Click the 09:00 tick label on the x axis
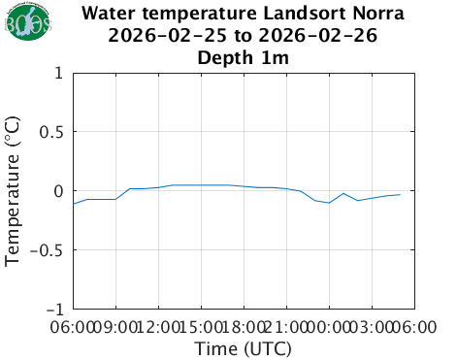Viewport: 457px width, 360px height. pos(115,327)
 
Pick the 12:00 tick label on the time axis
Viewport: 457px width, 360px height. pos(158,327)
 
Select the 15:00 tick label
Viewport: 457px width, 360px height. pos(201,327)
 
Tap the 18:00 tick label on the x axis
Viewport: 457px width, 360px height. pos(244,327)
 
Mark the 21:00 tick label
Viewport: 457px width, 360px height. pos(286,327)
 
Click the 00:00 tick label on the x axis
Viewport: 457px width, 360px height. pos(329,327)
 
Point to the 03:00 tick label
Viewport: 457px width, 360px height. pos(372,327)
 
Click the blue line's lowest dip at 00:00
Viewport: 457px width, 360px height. pos(329,203)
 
